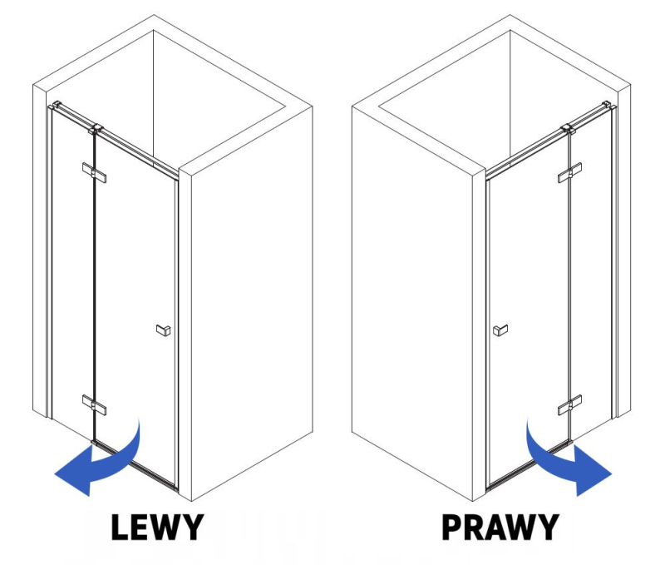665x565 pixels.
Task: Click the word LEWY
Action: [x=157, y=527]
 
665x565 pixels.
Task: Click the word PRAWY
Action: [x=500, y=527]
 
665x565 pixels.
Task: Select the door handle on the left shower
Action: [x=164, y=330]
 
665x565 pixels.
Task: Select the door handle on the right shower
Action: [x=500, y=330]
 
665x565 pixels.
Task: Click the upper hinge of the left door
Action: [x=94, y=172]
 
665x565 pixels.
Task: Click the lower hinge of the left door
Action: [x=94, y=405]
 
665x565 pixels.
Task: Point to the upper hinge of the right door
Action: [x=570, y=172]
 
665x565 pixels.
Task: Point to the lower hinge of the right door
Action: [x=570, y=405]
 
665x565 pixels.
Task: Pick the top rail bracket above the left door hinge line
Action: [x=96, y=129]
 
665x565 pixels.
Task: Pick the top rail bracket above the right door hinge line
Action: [x=568, y=129]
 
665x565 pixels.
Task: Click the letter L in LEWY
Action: [x=121, y=527]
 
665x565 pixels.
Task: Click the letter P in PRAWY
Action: [x=452, y=527]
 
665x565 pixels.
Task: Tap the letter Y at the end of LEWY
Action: [x=192, y=527]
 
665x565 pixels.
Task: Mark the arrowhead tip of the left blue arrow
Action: [x=55, y=474]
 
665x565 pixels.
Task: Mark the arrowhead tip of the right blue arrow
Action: [x=612, y=474]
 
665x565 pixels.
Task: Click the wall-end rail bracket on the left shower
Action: [x=56, y=104]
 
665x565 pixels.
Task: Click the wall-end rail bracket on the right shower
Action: [x=608, y=104]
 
